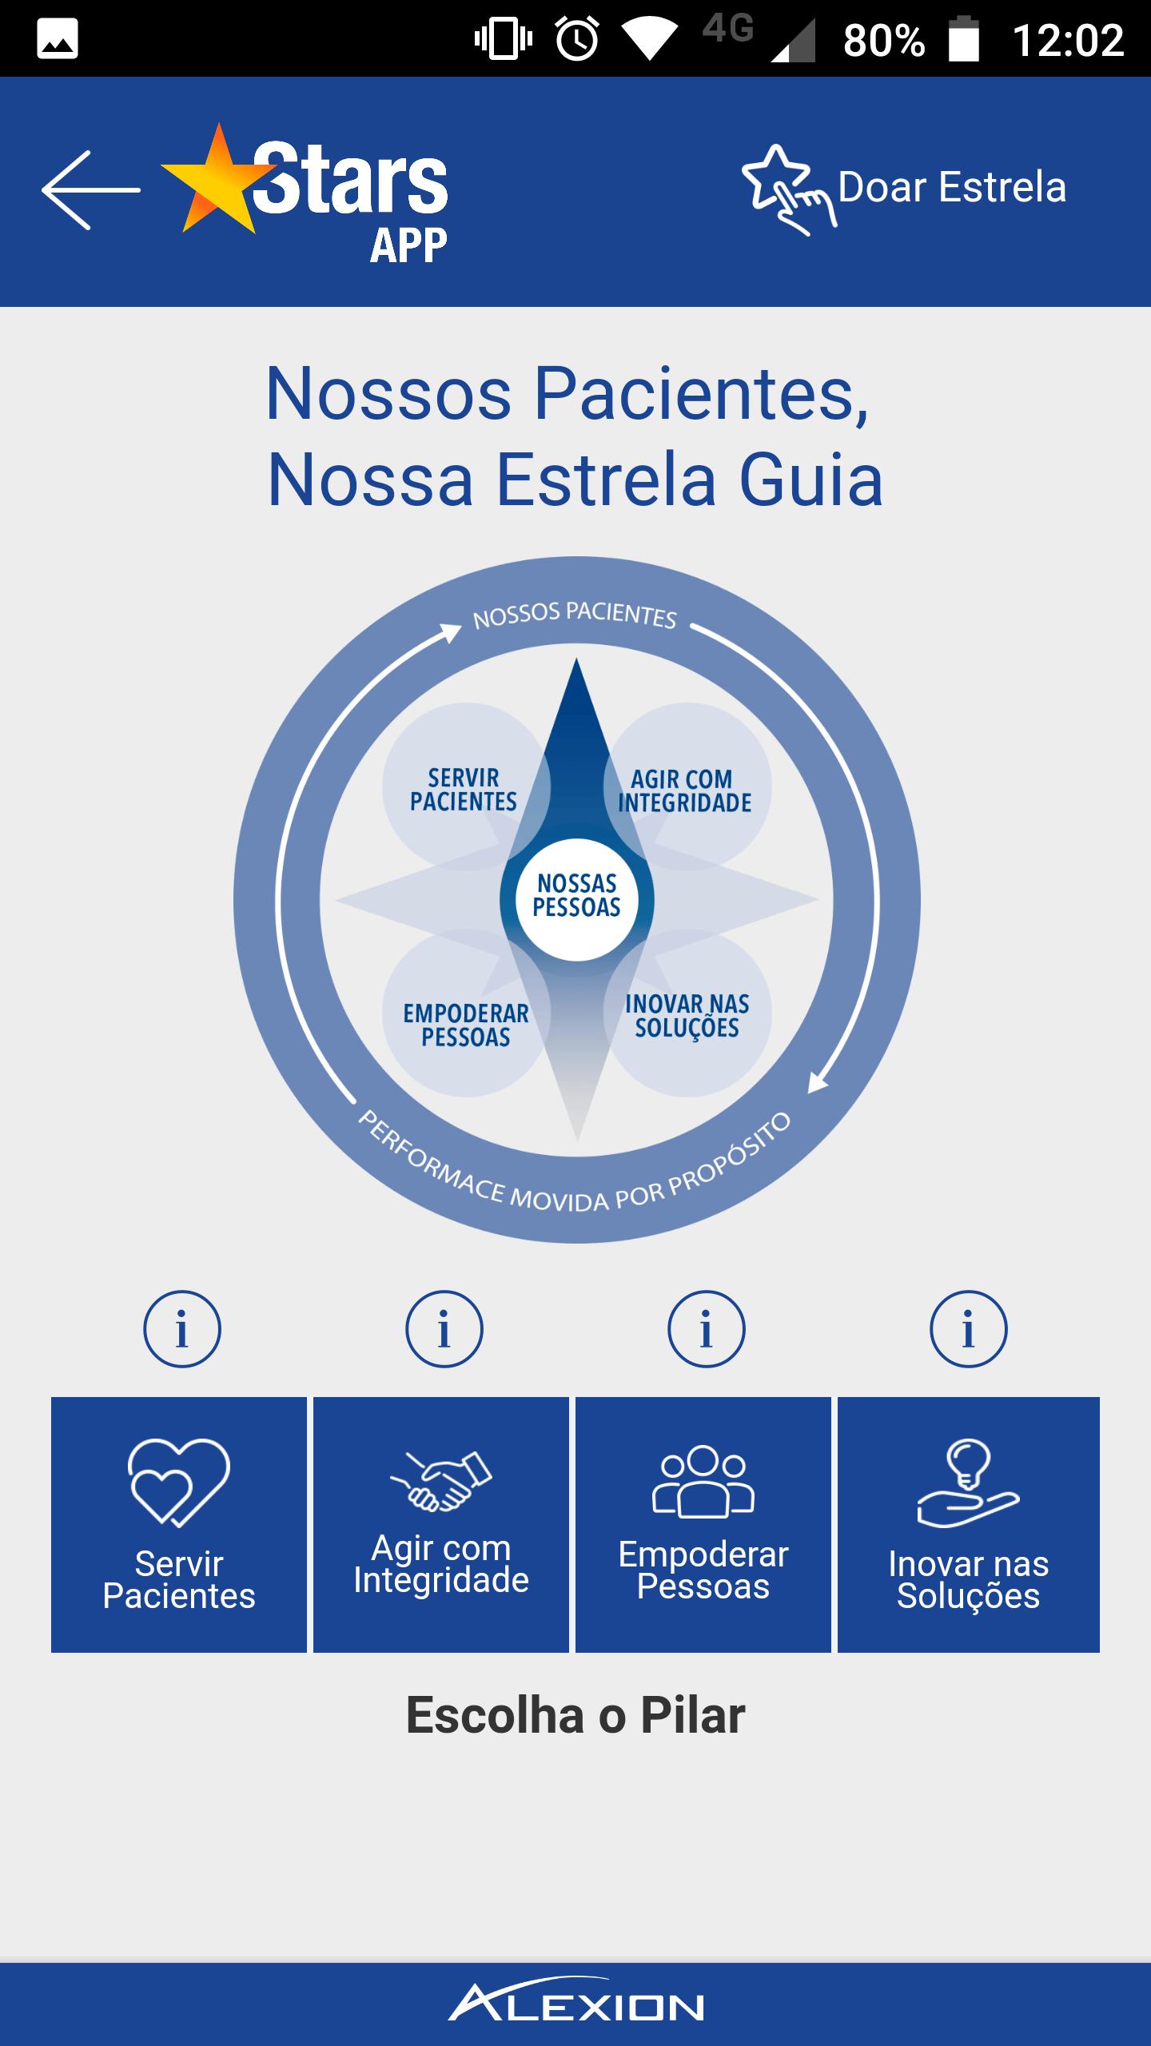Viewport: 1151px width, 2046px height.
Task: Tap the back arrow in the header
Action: pos(91,190)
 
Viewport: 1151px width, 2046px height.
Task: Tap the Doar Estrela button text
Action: pos(952,187)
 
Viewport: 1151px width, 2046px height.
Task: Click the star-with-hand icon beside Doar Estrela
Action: pos(788,190)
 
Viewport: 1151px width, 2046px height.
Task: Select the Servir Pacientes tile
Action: pos(179,1525)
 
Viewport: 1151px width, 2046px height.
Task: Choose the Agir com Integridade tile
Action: pos(441,1525)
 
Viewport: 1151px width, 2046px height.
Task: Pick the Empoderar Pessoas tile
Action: pos(703,1525)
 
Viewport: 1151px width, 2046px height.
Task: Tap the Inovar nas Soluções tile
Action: pos(969,1525)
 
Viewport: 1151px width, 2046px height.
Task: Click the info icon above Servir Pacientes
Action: pos(182,1330)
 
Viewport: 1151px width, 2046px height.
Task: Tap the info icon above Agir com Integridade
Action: pos(444,1330)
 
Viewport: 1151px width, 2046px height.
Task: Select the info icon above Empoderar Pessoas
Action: pos(707,1330)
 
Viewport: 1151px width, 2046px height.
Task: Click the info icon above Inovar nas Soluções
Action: pos(969,1330)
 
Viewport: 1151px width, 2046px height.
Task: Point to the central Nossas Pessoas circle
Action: pos(577,899)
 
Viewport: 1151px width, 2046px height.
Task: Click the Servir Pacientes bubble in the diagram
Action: pos(464,788)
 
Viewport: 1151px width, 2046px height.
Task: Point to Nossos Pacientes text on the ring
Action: pos(575,616)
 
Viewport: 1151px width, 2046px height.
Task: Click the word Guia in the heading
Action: pos(811,480)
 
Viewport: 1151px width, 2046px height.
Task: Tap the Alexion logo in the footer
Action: pos(576,2004)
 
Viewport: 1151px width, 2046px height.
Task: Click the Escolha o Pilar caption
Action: pos(575,1715)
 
